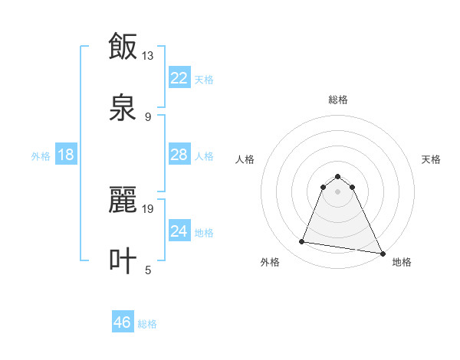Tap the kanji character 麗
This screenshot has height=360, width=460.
pos(123,200)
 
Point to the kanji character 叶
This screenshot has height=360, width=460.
pos(123,261)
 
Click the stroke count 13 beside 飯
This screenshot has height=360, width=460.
pos(148,56)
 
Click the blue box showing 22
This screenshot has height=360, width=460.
pos(179,77)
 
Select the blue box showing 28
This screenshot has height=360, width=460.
pos(179,155)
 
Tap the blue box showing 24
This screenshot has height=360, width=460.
pos(179,231)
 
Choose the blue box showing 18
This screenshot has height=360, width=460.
pos(66,155)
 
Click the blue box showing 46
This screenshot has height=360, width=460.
pos(123,322)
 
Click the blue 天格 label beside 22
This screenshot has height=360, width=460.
pos(204,79)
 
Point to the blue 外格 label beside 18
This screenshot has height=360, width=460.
pos(41,156)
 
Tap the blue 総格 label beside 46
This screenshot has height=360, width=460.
pos(147,324)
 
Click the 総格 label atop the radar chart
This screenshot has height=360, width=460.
pos(338,100)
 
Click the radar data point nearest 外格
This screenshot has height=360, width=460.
pos(302,242)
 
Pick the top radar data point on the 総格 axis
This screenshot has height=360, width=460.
pos(337,176)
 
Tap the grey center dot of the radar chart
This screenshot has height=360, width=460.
pos(337,191)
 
